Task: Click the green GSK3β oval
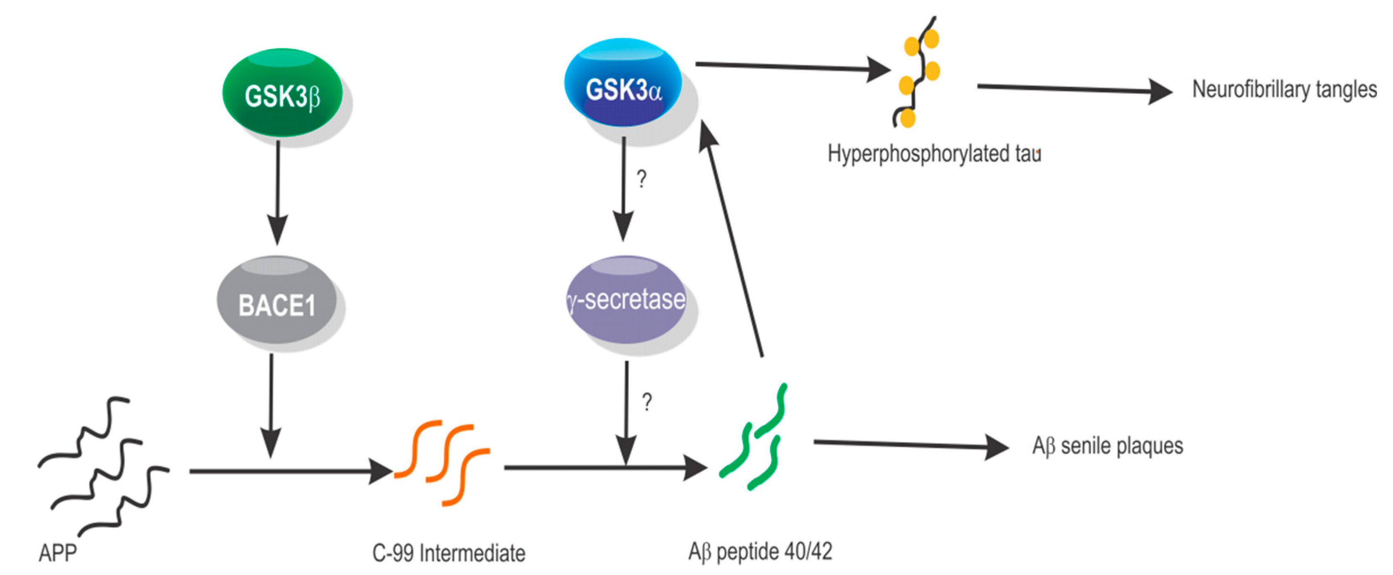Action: tap(282, 93)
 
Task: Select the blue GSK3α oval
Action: tap(623, 84)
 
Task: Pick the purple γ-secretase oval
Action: tap(627, 300)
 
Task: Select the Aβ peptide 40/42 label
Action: tap(760, 552)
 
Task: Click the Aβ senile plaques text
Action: tap(1108, 446)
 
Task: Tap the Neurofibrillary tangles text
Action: tap(1284, 89)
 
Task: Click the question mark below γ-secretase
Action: tap(647, 401)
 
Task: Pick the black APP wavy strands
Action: tap(103, 465)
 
